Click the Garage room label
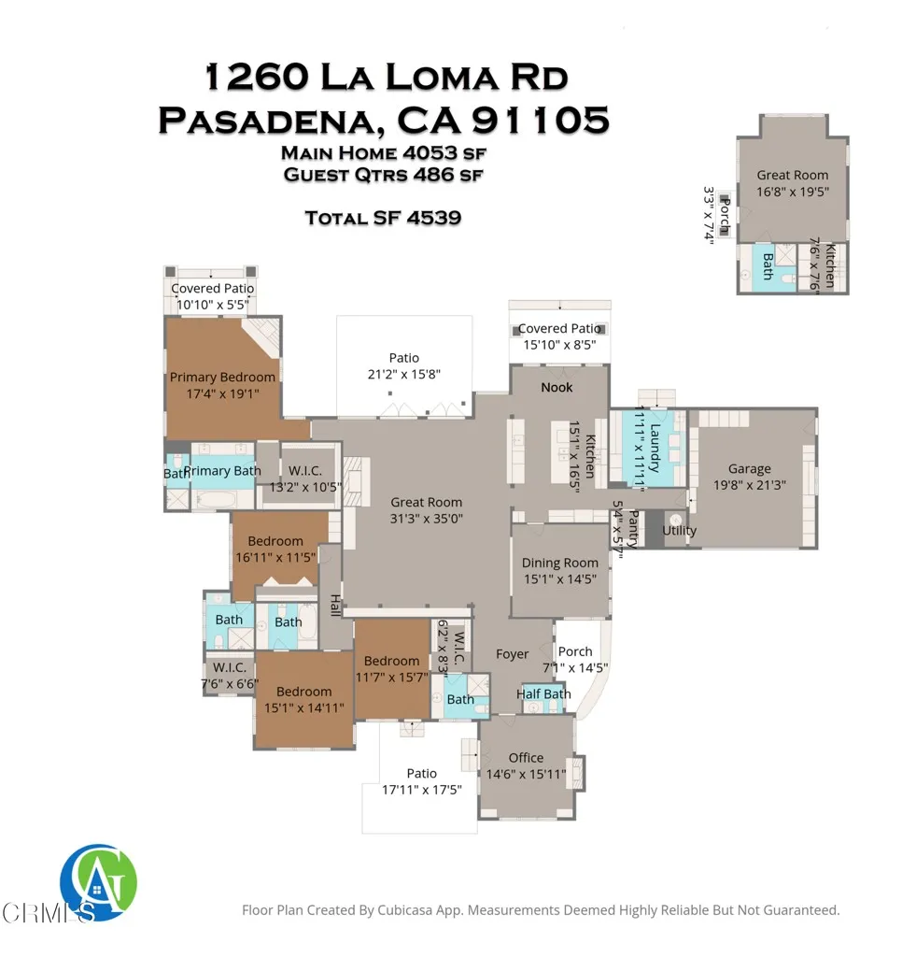pos(750,469)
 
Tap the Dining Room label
pos(560,563)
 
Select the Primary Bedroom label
pos(222,378)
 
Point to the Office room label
pos(526,758)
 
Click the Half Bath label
pos(543,693)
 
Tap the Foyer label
pos(512,654)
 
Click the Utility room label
pos(679,531)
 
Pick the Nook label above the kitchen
pos(557,387)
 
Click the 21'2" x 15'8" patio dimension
pos(404,374)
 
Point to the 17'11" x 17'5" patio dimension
pos(421,790)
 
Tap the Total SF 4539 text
pos(383,218)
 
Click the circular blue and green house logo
pos(98,881)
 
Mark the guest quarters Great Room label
pos(793,175)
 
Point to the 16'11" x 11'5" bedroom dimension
pos(275,557)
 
